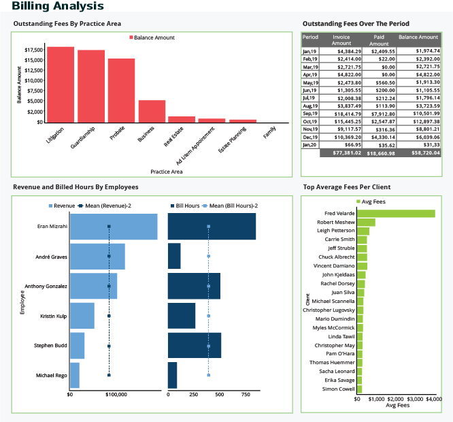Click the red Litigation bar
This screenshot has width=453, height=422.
tap(60, 84)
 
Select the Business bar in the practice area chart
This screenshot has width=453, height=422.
tap(152, 111)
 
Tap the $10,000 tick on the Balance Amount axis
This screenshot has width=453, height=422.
tap(33, 80)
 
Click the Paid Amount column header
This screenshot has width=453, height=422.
tap(380, 39)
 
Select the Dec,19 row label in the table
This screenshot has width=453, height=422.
tap(310, 137)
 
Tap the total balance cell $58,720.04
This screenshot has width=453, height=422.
tap(418, 153)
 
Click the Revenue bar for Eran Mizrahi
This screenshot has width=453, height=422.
tap(114, 226)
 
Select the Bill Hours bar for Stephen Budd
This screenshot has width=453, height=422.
tap(194, 346)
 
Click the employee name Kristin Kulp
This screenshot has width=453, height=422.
tap(53, 316)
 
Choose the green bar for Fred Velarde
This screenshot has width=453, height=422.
tap(396, 214)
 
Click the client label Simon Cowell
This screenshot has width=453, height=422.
tap(338, 389)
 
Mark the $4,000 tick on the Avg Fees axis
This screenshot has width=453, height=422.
tap(434, 399)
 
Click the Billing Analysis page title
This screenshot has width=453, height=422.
tap(58, 6)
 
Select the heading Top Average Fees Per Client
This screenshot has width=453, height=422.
tap(346, 186)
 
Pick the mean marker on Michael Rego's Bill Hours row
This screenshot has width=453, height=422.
tap(208, 375)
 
